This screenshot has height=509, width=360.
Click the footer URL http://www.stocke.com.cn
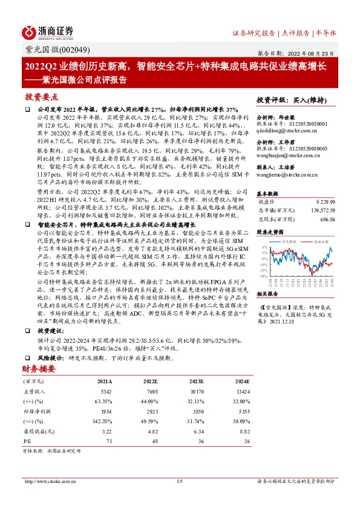coord(47,481)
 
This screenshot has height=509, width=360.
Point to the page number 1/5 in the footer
coord(179,481)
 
